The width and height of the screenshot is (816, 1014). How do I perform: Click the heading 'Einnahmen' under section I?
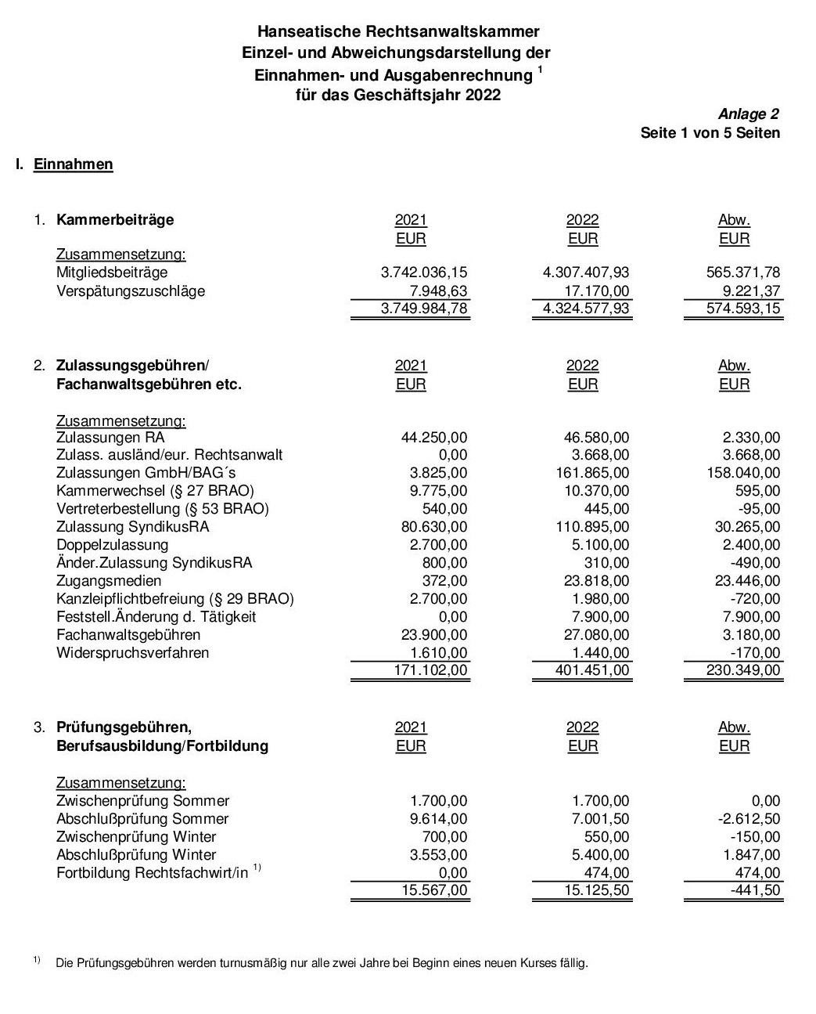pyautogui.click(x=74, y=164)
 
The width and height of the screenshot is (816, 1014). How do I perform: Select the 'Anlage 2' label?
pyautogui.click(x=748, y=114)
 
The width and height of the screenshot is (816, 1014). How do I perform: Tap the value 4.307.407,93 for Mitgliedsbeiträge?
pyautogui.click(x=585, y=272)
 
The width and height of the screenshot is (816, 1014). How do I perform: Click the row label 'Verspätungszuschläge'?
pyautogui.click(x=131, y=291)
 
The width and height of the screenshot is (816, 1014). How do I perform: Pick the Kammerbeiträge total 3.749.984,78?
pyautogui.click(x=423, y=309)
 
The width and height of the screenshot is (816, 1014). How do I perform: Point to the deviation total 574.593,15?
pyautogui.click(x=742, y=309)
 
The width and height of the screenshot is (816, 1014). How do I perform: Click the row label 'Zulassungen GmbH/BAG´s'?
pyautogui.click(x=146, y=473)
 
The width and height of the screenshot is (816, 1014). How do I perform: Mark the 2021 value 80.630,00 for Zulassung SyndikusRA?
pyautogui.click(x=433, y=527)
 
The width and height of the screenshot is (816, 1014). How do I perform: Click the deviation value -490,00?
pyautogui.click(x=758, y=563)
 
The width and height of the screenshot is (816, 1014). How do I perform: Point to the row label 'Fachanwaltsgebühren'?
pyautogui.click(x=128, y=635)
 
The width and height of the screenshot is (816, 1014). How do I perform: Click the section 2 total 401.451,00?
pyautogui.click(x=589, y=670)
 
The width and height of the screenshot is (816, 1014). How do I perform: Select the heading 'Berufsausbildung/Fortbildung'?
pyautogui.click(x=162, y=746)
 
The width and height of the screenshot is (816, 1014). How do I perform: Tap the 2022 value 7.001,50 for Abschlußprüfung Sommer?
pyautogui.click(x=600, y=819)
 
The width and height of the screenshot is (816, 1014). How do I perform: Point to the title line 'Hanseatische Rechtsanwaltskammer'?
pyautogui.click(x=398, y=32)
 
